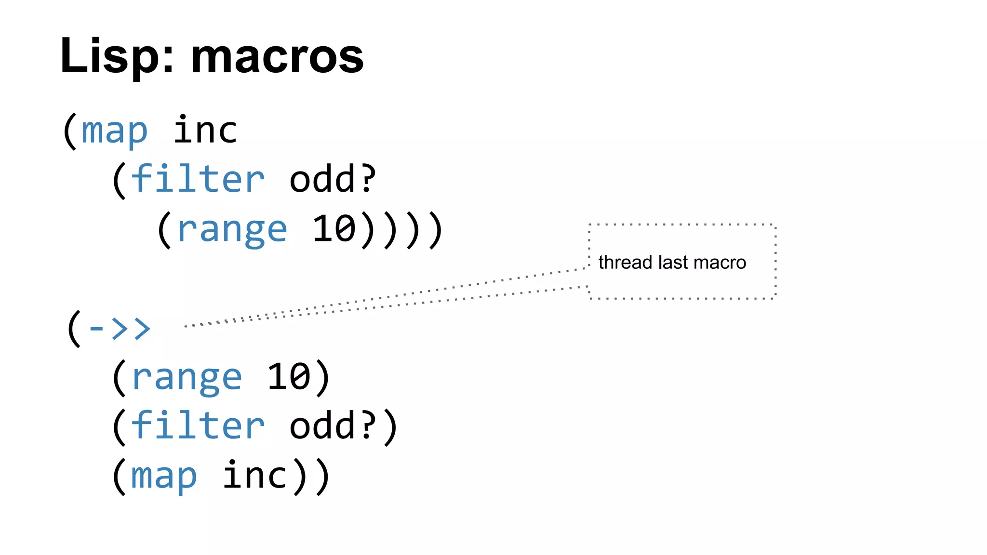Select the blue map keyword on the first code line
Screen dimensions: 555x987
tap(114, 131)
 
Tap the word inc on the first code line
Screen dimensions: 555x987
tap(205, 130)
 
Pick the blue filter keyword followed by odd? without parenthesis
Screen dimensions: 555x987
tap(198, 179)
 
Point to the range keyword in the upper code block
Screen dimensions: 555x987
tap(232, 229)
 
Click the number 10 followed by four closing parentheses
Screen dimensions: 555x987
tap(334, 228)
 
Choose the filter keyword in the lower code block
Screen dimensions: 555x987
tap(198, 426)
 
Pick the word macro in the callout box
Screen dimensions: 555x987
tap(720, 263)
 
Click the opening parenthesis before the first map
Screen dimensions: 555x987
tap(70, 131)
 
